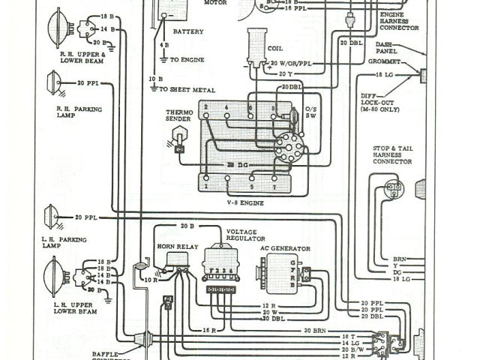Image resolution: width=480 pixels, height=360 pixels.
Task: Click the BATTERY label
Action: tap(187, 32)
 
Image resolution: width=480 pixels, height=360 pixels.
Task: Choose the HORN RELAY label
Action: tap(172, 246)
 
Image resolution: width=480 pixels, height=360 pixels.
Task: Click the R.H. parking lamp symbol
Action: tap(54, 82)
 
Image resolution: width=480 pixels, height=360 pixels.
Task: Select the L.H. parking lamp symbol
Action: tap(52, 217)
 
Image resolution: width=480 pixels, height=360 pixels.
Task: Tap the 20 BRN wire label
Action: tap(316, 330)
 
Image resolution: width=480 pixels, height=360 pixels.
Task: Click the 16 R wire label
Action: tap(209, 330)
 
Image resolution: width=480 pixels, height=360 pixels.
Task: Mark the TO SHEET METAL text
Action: tap(183, 89)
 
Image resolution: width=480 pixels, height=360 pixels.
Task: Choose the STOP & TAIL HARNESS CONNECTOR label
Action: tap(392, 155)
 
